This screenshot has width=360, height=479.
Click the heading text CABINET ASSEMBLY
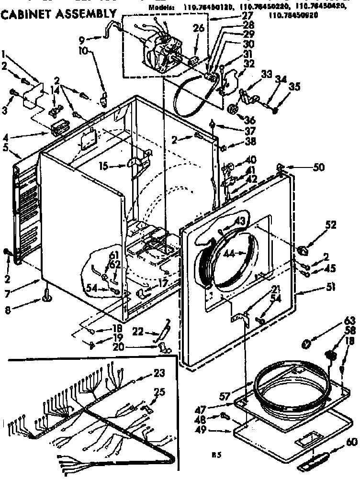(58, 16)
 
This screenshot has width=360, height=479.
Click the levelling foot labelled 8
(47, 298)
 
